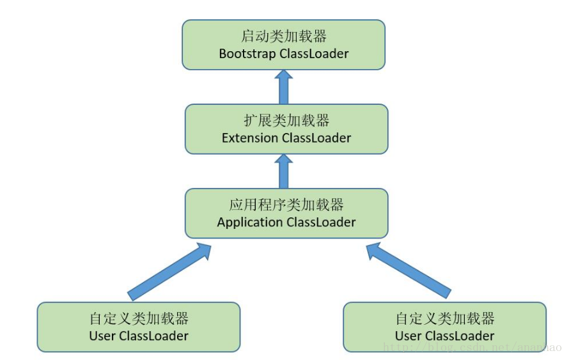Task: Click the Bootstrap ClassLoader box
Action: click(x=283, y=44)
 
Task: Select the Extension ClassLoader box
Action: click(x=286, y=129)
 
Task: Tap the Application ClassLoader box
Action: click(x=286, y=213)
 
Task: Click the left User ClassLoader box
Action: click(x=139, y=327)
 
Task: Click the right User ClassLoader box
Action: click(x=444, y=327)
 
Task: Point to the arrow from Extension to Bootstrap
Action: click(x=284, y=87)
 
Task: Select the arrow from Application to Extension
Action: click(x=284, y=171)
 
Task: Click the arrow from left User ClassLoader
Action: click(x=170, y=271)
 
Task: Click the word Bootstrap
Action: click(x=247, y=54)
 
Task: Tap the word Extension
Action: click(x=250, y=137)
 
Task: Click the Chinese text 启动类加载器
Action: click(x=283, y=36)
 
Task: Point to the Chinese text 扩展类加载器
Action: click(x=286, y=120)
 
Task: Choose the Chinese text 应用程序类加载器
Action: click(x=286, y=205)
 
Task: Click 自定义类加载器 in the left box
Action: click(x=139, y=318)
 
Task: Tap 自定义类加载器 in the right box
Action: click(x=444, y=318)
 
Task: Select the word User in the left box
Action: click(x=102, y=336)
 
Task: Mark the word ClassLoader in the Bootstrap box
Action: click(x=314, y=54)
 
